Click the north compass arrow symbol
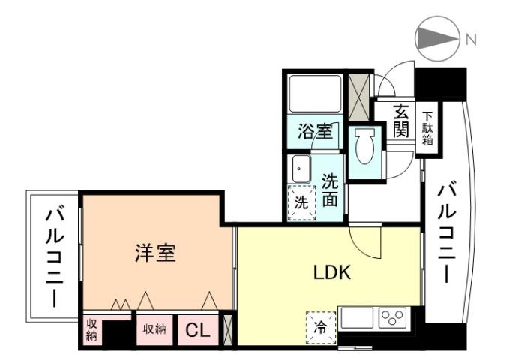(x=437, y=40)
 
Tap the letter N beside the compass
(x=471, y=40)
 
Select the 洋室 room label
(x=155, y=253)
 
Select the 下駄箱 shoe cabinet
(x=427, y=127)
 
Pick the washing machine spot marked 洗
(x=300, y=202)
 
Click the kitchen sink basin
(x=358, y=317)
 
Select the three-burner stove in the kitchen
(x=393, y=317)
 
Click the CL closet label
(x=196, y=329)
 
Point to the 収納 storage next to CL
(x=154, y=328)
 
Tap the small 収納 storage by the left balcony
(x=91, y=330)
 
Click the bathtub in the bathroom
(x=314, y=94)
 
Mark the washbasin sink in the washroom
(x=301, y=169)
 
